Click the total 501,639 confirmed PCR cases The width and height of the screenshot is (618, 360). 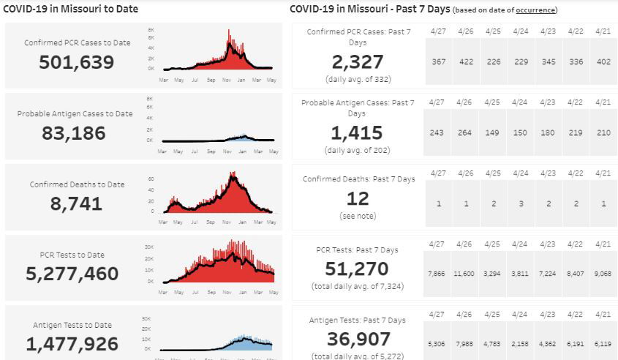tap(77, 62)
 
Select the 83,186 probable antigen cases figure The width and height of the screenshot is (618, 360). tap(75, 133)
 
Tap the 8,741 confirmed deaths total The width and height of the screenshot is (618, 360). tap(77, 204)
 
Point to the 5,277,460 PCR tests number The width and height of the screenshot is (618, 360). tap(72, 274)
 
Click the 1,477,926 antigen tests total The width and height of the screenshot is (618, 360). tap(72, 344)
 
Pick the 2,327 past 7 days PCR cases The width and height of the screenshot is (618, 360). tap(357, 61)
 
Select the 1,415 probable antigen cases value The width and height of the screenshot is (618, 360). tap(357, 132)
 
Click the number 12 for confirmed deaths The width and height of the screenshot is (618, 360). tap(358, 198)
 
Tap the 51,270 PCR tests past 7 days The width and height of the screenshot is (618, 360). tap(357, 269)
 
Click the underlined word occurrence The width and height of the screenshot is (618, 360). tap(535, 10)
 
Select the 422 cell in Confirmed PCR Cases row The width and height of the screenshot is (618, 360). tap(466, 61)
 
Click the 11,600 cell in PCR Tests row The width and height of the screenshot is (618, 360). tap(464, 273)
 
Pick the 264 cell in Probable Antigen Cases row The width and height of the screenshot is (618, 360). tap(466, 132)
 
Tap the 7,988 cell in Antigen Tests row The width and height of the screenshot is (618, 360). tap(465, 343)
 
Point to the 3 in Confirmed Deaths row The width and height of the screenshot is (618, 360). tap(521, 203)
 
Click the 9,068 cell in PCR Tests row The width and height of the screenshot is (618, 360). tap(603, 273)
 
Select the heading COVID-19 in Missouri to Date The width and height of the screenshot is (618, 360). tap(72, 10)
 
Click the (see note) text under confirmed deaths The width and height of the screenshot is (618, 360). tap(358, 217)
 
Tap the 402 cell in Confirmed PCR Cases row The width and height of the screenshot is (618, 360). tap(603, 61)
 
